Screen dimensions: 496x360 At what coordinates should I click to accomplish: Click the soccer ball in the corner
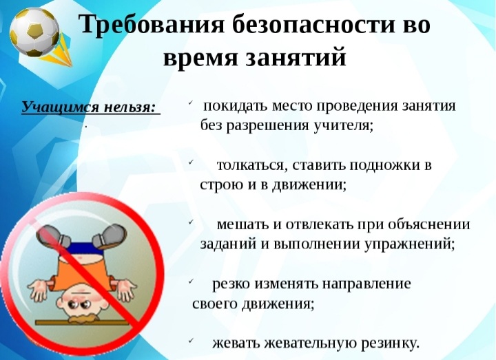[34, 32]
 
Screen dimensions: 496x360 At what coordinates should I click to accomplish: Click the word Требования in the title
[151, 24]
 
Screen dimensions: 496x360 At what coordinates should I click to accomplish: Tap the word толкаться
[252, 165]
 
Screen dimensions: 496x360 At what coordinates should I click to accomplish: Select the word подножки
[384, 165]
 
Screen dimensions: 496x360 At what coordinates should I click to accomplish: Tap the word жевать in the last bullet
[236, 343]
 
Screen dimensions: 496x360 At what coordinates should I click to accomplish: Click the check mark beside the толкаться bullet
[191, 162]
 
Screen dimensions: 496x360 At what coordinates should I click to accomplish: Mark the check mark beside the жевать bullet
[191, 340]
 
